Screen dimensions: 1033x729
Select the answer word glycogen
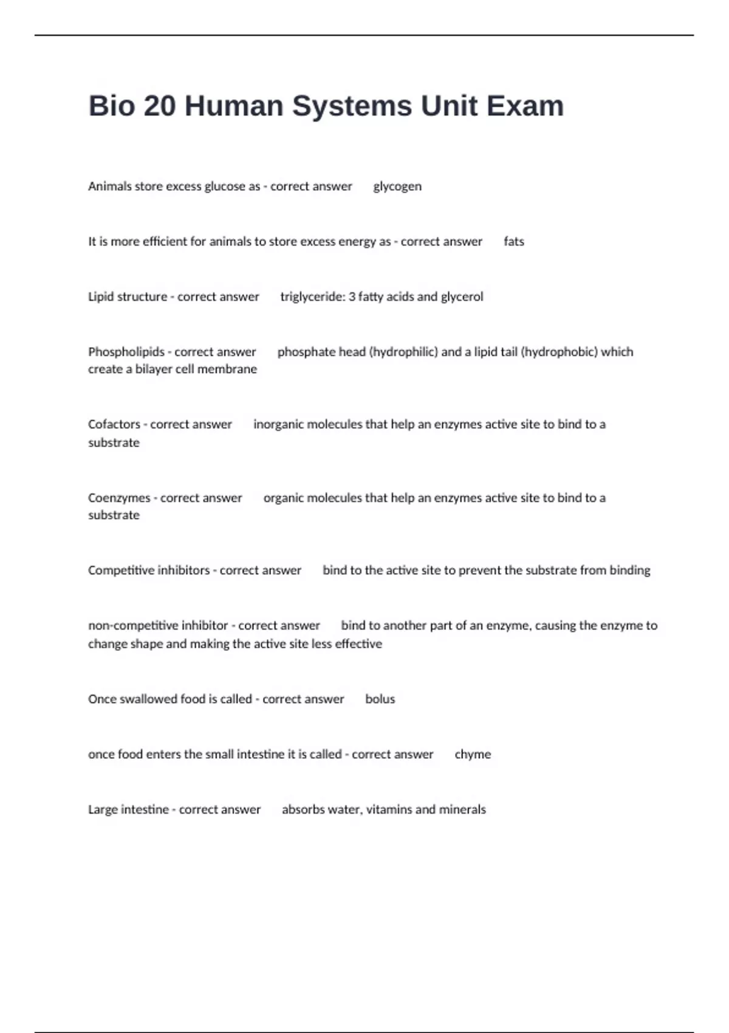pyautogui.click(x=397, y=187)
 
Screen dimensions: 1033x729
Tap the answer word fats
pyautogui.click(x=514, y=241)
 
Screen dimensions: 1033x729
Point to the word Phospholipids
pyautogui.click(x=126, y=352)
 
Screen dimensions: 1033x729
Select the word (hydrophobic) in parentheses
pyautogui.click(x=560, y=352)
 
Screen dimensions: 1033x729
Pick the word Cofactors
pyautogui.click(x=114, y=424)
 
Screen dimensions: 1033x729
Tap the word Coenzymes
pyautogui.click(x=119, y=498)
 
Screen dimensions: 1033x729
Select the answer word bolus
pyautogui.click(x=380, y=699)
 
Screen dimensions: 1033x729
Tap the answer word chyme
pyautogui.click(x=473, y=754)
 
